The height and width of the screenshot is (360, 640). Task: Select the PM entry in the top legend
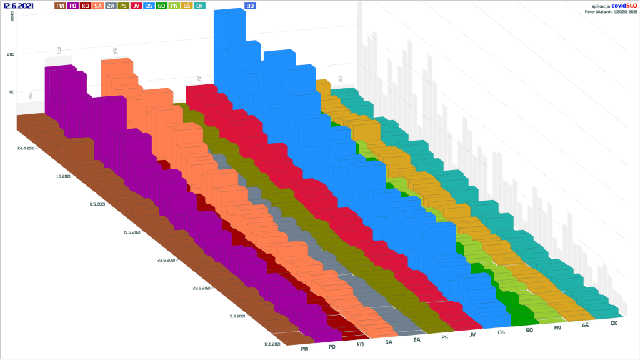pos(61,6)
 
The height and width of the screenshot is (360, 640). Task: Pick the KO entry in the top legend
pos(86,6)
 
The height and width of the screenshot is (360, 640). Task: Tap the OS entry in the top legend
pos(149,6)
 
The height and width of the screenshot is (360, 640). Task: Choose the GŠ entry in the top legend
pos(187,6)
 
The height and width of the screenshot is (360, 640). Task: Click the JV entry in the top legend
pos(136,6)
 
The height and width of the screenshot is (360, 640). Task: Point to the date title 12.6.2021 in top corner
pos(19,6)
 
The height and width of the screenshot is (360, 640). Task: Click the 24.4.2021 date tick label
pos(27,148)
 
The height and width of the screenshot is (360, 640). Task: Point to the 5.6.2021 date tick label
pos(240,316)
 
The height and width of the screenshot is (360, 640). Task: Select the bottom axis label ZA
pos(417,339)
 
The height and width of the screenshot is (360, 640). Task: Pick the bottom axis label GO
pos(529,330)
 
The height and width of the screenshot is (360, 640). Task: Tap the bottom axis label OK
pos(614,323)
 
